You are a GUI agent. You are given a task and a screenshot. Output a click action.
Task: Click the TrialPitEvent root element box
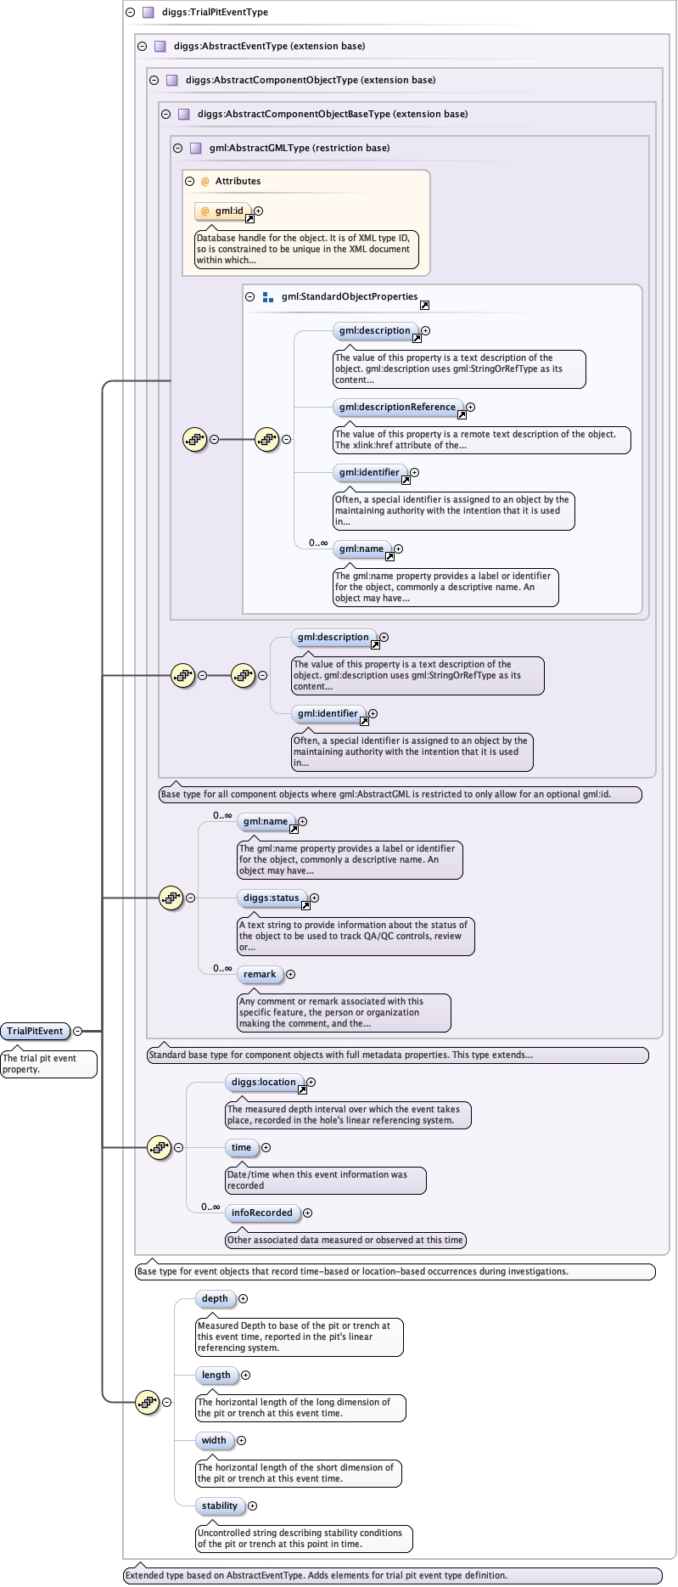(35, 1031)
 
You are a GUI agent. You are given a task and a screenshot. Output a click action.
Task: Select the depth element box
(215, 1298)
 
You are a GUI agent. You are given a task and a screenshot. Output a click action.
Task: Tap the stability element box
(220, 1505)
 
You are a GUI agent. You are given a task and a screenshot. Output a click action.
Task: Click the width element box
(214, 1440)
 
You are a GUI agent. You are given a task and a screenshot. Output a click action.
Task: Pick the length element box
(216, 1375)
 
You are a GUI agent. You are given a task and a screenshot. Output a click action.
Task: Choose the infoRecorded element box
(262, 1213)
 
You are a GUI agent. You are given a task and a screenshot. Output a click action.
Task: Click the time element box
(241, 1147)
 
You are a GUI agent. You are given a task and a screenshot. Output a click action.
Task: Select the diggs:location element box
(264, 1082)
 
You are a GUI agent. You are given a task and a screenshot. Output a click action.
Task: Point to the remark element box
(260, 974)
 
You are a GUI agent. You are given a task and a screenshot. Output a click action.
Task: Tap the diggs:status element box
(271, 898)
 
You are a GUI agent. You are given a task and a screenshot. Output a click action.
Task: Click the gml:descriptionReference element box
(397, 407)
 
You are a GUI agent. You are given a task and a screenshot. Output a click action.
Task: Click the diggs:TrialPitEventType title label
(215, 12)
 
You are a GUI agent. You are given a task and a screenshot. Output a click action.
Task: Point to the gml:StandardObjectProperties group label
(349, 296)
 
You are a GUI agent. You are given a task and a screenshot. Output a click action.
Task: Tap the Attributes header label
(238, 181)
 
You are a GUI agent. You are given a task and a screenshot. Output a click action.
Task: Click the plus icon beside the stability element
(252, 1505)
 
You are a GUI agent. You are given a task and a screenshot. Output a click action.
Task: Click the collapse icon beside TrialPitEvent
(78, 1031)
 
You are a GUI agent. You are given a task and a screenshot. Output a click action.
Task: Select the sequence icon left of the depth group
(147, 1402)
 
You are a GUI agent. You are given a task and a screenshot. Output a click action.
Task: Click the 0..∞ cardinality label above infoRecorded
(210, 1207)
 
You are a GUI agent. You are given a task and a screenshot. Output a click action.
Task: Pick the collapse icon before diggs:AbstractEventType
(142, 46)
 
